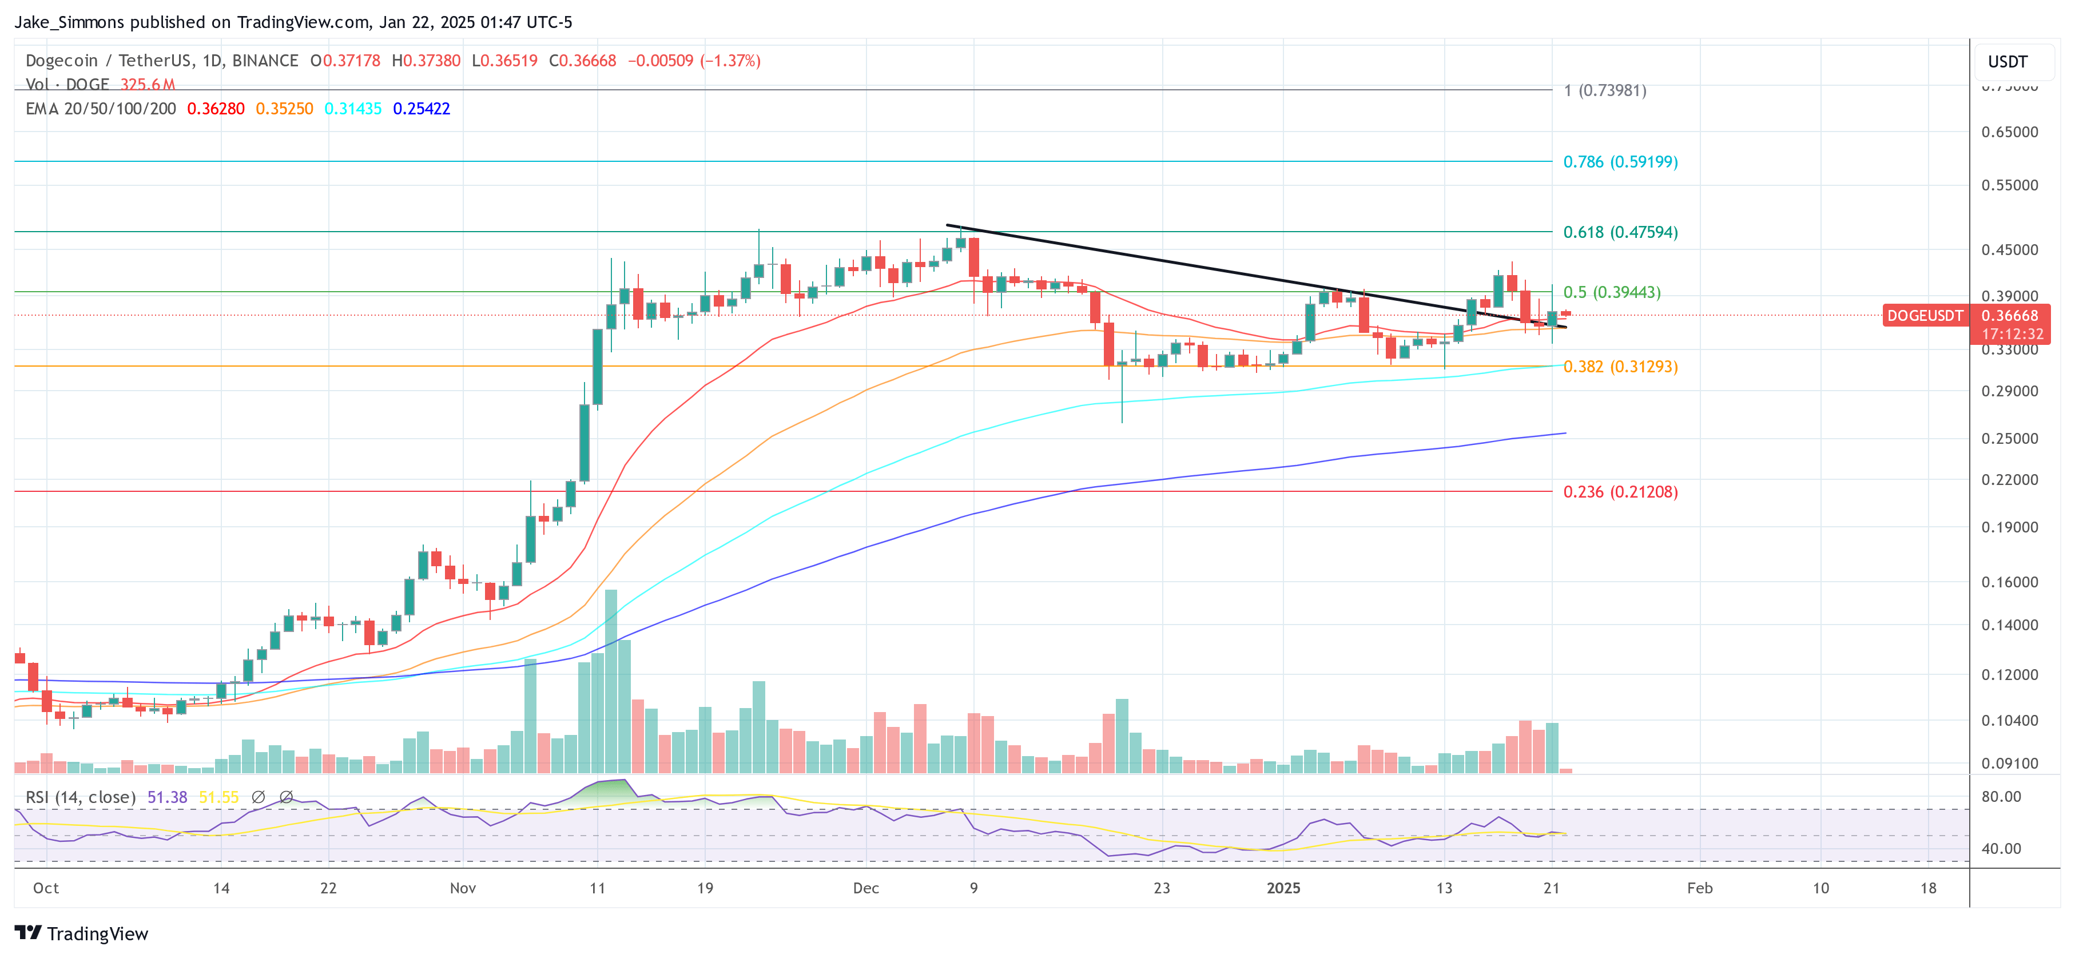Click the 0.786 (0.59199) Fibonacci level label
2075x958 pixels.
pyautogui.click(x=1620, y=162)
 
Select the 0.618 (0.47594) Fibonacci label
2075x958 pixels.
pyautogui.click(x=1620, y=232)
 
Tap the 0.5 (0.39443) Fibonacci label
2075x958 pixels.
pyautogui.click(x=1611, y=292)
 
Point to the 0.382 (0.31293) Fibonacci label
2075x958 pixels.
pyautogui.click(x=1620, y=367)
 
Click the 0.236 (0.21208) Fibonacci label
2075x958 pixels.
pyautogui.click(x=1620, y=491)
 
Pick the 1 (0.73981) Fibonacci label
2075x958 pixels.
pyautogui.click(x=1605, y=90)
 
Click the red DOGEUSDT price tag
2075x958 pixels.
pyautogui.click(x=1925, y=316)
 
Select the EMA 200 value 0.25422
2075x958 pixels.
pyautogui.click(x=422, y=109)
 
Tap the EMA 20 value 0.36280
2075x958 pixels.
pyautogui.click(x=216, y=109)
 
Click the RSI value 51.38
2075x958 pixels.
pyautogui.click(x=167, y=797)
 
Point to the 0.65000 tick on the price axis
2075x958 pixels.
pyautogui.click(x=2009, y=132)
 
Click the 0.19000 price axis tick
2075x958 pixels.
pyautogui.click(x=2009, y=527)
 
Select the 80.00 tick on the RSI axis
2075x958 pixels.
pyautogui.click(x=2001, y=796)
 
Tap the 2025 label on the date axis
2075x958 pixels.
pyautogui.click(x=1283, y=888)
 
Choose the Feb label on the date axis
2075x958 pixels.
pyautogui.click(x=1700, y=888)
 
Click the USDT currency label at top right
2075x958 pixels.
pyautogui.click(x=2008, y=62)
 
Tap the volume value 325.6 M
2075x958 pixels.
pyautogui.click(x=148, y=84)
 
